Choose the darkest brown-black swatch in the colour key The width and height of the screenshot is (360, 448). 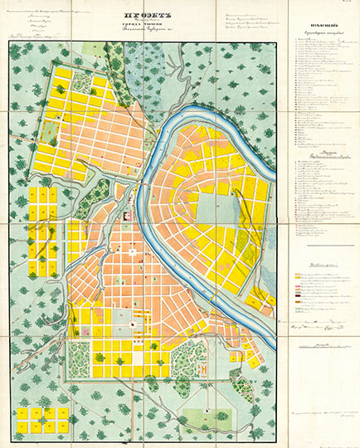point(298,295)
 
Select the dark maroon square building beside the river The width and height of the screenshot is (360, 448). point(129,215)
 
